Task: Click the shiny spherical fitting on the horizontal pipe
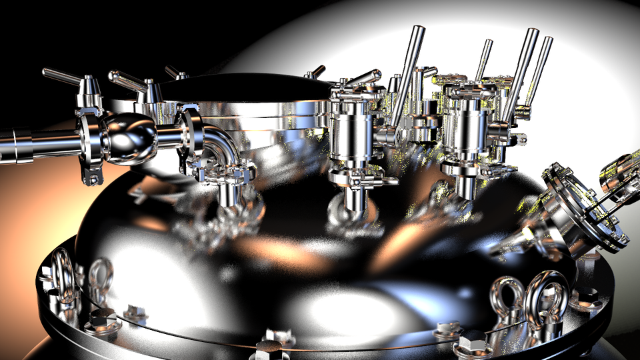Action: (129, 137)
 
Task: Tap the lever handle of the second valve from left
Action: (127, 81)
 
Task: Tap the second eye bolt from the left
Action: (101, 277)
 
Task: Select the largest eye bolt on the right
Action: (547, 297)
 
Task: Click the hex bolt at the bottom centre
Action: (269, 347)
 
